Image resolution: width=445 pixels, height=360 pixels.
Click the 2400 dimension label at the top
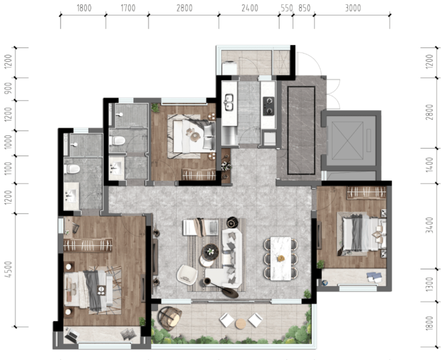tap(250, 8)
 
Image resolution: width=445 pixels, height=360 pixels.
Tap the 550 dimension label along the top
tap(287, 8)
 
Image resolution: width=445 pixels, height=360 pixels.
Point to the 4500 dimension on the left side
tap(9, 269)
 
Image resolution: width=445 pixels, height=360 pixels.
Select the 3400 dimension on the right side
tap(430, 225)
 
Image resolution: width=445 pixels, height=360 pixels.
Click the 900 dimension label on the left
tap(9, 88)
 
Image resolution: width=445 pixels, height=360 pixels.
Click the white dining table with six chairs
tap(281, 258)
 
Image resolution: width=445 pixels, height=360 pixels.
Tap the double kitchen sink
tap(229, 102)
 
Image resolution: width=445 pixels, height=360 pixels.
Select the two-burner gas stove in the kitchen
tap(268, 106)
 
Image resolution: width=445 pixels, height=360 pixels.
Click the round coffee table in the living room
tap(210, 252)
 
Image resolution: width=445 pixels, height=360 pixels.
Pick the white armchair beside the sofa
tap(187, 275)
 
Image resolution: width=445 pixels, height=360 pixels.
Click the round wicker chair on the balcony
tap(170, 318)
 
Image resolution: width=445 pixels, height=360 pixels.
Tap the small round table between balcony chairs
tap(241, 324)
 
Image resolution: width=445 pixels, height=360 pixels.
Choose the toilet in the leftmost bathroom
tap(72, 169)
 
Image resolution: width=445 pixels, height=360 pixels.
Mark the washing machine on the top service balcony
tap(229, 68)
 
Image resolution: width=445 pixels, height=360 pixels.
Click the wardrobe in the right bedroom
tap(366, 193)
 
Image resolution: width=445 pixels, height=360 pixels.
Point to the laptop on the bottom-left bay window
tap(71, 335)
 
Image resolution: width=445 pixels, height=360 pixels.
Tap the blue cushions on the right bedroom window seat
tap(374, 277)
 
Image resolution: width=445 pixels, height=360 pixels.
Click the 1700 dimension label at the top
tap(128, 8)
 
